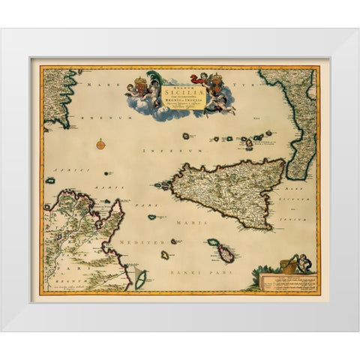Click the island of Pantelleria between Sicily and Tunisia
tap(152, 217)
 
